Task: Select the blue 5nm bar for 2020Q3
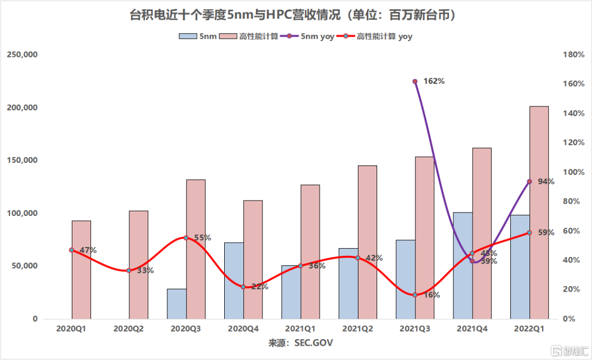177,304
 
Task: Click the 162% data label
434,81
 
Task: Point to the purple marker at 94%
529,181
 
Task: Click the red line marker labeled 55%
186,238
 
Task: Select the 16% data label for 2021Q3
431,295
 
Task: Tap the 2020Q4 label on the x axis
243,329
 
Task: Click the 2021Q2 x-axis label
357,329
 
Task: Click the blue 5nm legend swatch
187,37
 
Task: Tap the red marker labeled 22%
243,287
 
